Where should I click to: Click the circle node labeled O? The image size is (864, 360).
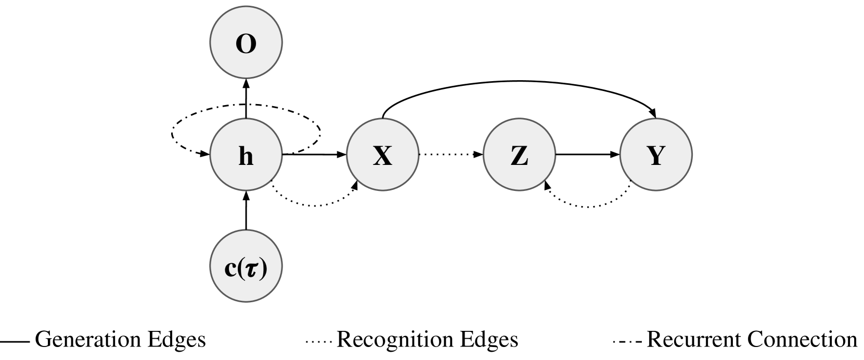point(246,43)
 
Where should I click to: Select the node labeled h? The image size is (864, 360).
point(246,155)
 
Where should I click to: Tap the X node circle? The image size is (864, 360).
point(383,155)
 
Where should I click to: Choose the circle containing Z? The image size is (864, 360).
point(519,155)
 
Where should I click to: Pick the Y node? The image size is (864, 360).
point(656,155)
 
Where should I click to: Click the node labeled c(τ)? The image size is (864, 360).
point(246,267)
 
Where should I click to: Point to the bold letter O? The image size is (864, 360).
point(246,44)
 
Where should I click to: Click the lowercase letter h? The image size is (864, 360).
point(246,156)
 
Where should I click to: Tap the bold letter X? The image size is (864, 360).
point(383,156)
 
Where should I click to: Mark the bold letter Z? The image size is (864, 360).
point(519,156)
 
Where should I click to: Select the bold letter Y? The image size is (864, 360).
point(656,156)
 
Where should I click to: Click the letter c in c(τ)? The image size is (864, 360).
point(230,269)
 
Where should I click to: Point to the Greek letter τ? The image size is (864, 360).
point(250,269)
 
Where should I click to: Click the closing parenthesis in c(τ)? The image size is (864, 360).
point(263,268)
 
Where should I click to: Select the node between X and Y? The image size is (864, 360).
point(519,155)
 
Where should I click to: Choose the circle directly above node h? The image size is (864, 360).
point(246,43)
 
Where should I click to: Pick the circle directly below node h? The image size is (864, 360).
point(246,267)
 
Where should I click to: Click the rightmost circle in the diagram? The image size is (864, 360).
point(656,155)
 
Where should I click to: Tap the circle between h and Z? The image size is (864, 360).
point(383,155)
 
